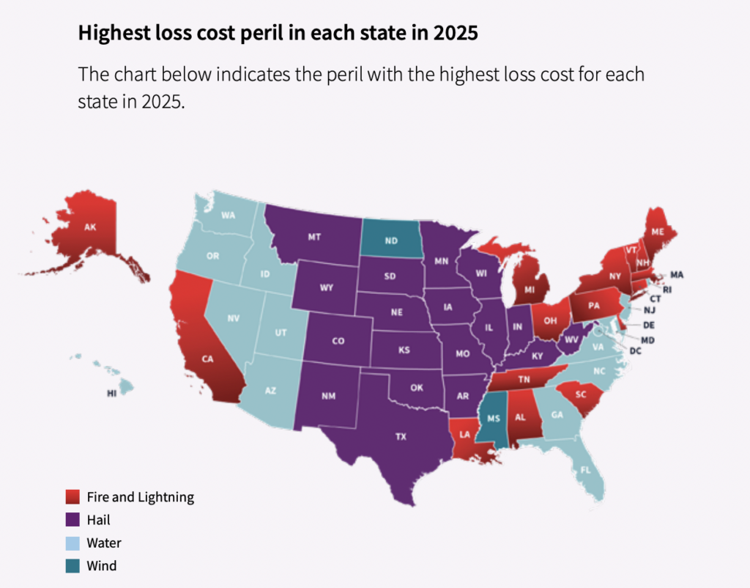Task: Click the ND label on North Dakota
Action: [391, 240]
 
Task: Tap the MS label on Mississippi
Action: [494, 419]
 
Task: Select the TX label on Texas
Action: [401, 436]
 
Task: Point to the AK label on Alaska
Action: [90, 227]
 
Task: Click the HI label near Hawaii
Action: [111, 393]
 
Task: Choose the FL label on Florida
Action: [585, 470]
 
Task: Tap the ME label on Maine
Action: [658, 232]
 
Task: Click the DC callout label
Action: [635, 351]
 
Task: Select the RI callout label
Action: [667, 290]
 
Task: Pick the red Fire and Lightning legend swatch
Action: [73, 496]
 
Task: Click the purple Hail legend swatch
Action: [73, 520]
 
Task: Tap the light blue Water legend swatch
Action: [73, 543]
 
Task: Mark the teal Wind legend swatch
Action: [73, 566]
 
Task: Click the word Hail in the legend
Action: [99, 520]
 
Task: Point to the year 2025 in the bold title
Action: [456, 32]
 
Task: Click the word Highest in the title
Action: [114, 33]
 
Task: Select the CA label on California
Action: [207, 359]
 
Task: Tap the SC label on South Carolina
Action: [581, 394]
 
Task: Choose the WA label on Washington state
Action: [229, 215]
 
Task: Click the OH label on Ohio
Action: [550, 320]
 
